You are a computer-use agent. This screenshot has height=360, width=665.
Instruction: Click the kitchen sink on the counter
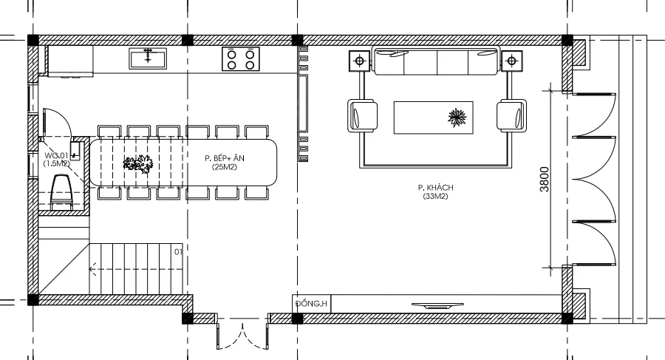coord(148,58)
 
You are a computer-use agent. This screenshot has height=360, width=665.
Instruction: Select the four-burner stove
coord(240,59)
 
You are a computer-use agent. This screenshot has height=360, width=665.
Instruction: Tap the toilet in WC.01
coord(61,192)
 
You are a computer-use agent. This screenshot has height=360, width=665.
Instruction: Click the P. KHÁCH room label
coord(435,188)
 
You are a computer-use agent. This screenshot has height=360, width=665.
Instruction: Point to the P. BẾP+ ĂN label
coord(225,158)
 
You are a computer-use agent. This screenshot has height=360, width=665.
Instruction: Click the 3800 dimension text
coord(544,179)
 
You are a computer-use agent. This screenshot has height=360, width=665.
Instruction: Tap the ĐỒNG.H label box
coord(312,304)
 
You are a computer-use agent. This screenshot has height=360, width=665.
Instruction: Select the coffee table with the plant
coord(434,118)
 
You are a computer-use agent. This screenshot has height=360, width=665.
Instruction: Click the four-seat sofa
coord(435,61)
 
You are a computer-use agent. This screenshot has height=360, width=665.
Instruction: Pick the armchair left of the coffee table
coord(363,116)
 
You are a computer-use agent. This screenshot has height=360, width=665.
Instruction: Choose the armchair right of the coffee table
coord(511,115)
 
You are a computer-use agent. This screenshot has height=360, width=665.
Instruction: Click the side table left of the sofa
coord(360,61)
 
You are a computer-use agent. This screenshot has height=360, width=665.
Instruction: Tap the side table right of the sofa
coord(511,61)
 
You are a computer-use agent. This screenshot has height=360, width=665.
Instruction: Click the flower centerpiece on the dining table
coord(138,163)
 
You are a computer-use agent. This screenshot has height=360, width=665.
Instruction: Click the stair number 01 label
coord(178,252)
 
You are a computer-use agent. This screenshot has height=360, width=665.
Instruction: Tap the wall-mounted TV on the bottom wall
coord(437,305)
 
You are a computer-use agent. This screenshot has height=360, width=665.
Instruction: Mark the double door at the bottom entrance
coord(242,336)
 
